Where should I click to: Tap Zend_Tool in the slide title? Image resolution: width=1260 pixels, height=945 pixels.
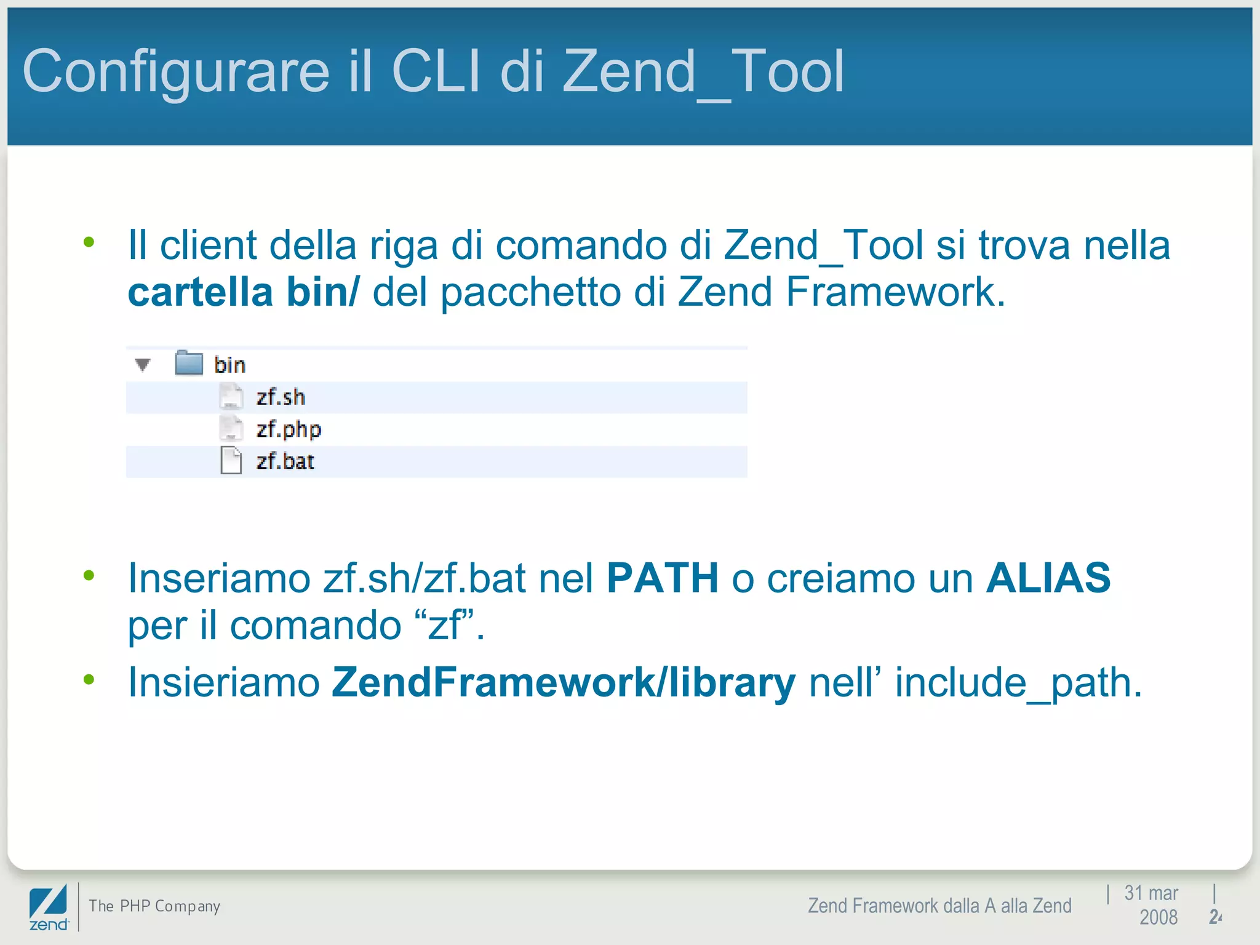[703, 73]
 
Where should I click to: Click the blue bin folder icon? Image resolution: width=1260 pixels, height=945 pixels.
[189, 363]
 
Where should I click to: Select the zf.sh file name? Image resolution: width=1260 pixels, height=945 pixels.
[281, 397]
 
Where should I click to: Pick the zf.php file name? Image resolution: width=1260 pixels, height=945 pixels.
[289, 429]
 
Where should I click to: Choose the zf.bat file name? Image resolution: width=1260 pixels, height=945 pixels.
[285, 461]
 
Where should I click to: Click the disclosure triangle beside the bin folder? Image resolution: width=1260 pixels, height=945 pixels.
[143, 365]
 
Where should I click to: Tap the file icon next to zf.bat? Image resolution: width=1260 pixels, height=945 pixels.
[231, 461]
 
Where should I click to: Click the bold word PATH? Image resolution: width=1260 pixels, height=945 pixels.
[663, 578]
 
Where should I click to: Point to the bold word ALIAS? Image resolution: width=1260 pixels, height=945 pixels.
[1048, 578]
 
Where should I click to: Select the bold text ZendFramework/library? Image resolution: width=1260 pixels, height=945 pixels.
[563, 683]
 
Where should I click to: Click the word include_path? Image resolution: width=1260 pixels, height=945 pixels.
[1018, 683]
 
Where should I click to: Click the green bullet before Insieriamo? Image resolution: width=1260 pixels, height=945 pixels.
[89, 680]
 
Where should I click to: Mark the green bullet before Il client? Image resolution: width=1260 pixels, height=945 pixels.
[89, 242]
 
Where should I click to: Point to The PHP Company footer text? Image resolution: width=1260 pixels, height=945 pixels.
[154, 906]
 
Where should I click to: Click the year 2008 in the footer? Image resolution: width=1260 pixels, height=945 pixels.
[1158, 917]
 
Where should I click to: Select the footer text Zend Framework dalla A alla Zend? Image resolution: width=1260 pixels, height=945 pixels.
[939, 906]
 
